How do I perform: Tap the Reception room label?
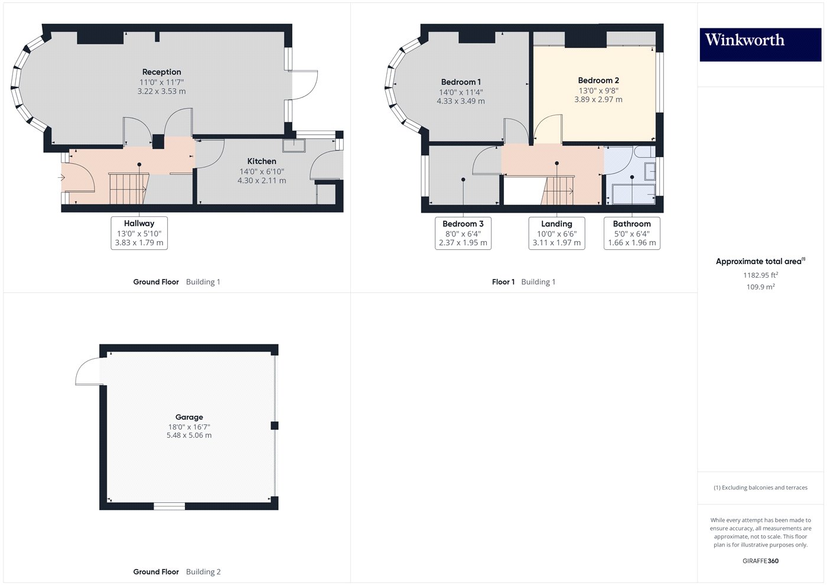(161, 72)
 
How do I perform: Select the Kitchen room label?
(262, 161)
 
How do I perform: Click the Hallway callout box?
(139, 233)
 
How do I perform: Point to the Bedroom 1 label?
(461, 82)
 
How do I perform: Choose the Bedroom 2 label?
(598, 80)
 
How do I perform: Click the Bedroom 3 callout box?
(463, 233)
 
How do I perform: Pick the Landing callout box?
(556, 233)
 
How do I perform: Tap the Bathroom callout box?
(631, 233)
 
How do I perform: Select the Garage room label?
(189, 417)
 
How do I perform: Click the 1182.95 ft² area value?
(760, 275)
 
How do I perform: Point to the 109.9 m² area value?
(760, 287)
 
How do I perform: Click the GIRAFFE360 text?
(760, 561)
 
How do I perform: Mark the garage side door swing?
(87, 372)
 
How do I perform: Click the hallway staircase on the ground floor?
(128, 188)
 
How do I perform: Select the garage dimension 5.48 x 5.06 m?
(189, 435)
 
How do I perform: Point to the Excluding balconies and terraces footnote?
(760, 488)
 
